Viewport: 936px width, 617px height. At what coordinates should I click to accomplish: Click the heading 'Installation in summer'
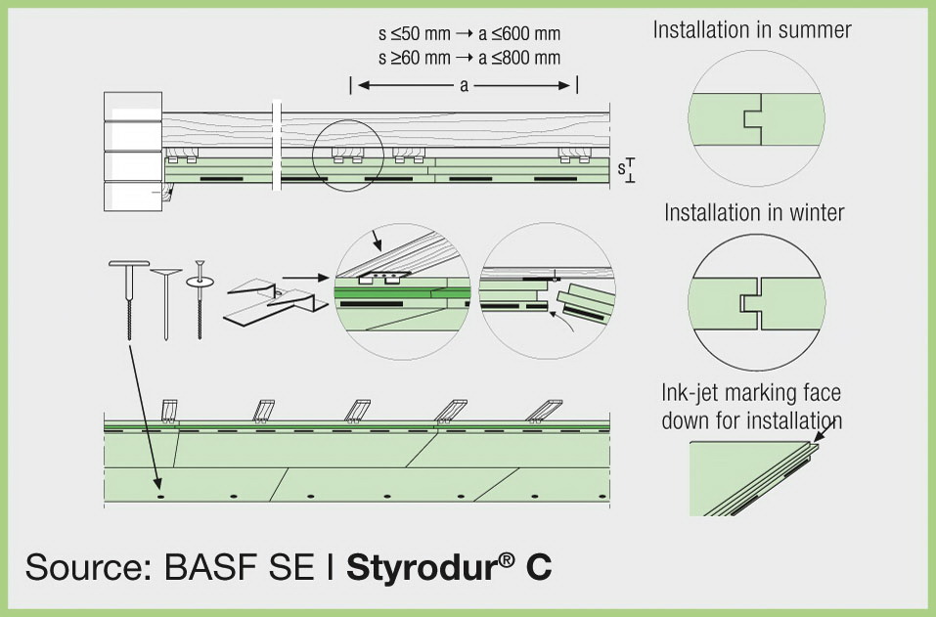coord(751,30)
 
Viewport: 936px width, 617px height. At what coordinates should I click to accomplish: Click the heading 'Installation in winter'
coord(754,212)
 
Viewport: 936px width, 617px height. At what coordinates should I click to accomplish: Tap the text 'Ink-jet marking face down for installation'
coord(751,407)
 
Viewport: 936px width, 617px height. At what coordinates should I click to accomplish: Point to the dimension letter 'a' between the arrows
coord(464,86)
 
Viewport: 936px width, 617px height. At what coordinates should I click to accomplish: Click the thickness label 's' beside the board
coord(621,168)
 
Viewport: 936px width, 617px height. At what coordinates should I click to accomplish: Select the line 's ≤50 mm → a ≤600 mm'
coord(469,33)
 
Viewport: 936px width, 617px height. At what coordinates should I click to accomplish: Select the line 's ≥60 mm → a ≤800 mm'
coord(469,58)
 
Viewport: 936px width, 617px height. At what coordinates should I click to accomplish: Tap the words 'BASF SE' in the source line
coord(239,567)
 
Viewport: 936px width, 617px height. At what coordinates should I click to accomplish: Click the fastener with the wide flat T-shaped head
coord(129,298)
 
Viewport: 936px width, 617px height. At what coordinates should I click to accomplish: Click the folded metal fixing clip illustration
coord(275,301)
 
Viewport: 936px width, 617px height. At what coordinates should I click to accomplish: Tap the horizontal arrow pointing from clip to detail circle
coord(305,278)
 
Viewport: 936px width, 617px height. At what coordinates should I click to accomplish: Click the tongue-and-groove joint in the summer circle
coord(753,118)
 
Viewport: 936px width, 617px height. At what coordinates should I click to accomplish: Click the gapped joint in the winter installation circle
coord(751,304)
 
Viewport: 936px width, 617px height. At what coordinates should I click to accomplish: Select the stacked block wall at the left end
coord(133,152)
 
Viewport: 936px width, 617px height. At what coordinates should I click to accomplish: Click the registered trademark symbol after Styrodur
coord(507,559)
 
